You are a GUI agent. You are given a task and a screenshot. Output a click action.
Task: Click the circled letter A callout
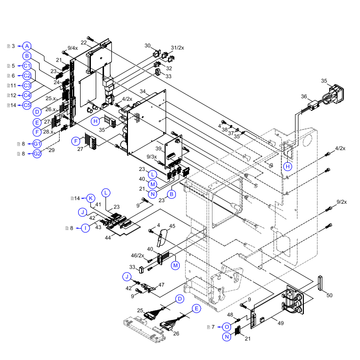point(27,45)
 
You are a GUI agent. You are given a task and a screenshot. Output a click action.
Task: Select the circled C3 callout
point(27,85)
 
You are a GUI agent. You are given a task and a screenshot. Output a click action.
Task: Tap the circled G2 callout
point(37,154)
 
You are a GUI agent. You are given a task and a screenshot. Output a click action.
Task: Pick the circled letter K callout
point(90,198)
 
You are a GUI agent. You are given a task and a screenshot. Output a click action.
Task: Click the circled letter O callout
point(227,326)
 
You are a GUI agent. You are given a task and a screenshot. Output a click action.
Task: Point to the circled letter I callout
point(85,228)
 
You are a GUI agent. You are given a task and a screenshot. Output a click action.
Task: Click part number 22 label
point(84,43)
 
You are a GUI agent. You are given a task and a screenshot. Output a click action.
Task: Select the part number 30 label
point(148,45)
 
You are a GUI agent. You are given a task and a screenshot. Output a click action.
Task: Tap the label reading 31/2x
point(177,47)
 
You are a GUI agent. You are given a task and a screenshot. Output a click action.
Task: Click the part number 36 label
point(303,96)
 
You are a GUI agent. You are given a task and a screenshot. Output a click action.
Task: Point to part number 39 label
point(158,148)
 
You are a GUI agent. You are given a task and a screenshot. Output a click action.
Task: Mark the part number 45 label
point(171,226)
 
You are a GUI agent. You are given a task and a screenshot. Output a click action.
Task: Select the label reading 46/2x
point(138,255)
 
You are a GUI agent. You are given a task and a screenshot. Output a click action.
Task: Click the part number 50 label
point(329,296)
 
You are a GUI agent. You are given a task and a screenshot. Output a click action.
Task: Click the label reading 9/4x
point(73,48)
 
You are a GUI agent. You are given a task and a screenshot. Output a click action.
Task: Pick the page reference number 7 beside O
point(212,326)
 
